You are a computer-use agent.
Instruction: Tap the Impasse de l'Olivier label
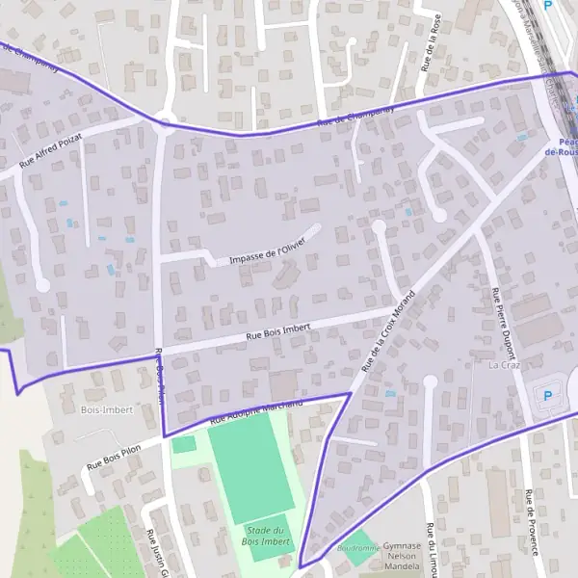click(267, 251)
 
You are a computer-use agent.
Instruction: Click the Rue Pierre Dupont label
click(504, 323)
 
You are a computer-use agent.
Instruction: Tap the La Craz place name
click(504, 366)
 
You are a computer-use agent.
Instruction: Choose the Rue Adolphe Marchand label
click(256, 411)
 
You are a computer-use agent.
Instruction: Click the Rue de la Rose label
click(432, 43)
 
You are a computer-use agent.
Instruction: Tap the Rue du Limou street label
click(430, 549)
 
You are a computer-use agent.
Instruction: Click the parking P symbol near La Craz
click(549, 395)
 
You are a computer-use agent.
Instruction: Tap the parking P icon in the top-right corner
click(548, 6)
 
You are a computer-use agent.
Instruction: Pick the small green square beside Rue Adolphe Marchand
click(183, 444)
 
